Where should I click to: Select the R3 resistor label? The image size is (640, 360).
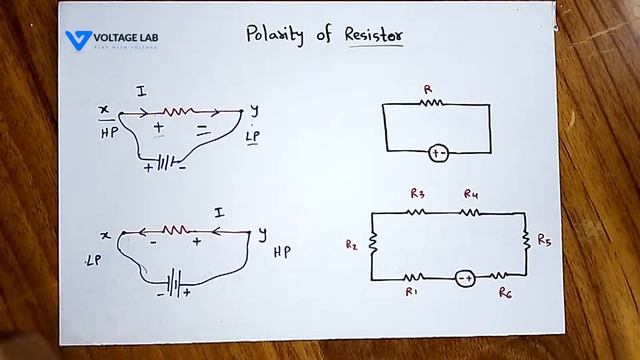coord(418,193)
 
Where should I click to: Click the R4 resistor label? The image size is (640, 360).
coord(471,193)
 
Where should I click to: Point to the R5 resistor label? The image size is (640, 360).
coord(544,240)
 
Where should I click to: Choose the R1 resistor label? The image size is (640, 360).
coord(411,292)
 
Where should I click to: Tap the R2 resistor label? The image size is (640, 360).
coord(351,243)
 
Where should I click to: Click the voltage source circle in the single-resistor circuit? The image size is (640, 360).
coord(437,153)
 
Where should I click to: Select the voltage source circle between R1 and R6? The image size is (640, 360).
coord(465,277)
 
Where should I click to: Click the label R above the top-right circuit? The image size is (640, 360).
coord(428,89)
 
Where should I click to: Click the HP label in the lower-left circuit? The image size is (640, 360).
coord(282,252)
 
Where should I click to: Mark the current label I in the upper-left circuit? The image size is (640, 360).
coord(142,93)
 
